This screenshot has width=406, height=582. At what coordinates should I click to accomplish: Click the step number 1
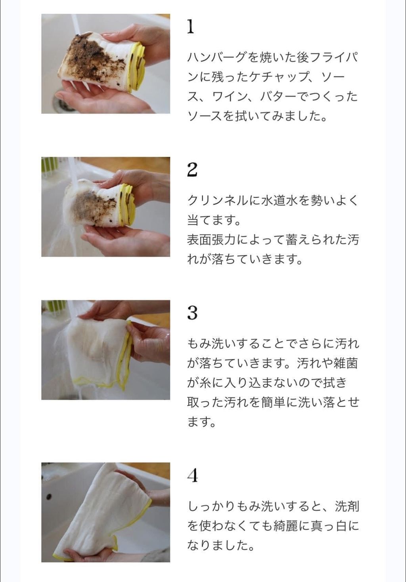point(190,27)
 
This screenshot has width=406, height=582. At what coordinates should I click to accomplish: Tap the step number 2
point(192,170)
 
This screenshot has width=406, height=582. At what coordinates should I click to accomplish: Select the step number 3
point(192,313)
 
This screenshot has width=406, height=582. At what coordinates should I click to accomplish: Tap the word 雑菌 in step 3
point(345,363)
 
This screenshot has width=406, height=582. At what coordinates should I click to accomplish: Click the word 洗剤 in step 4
point(347,506)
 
